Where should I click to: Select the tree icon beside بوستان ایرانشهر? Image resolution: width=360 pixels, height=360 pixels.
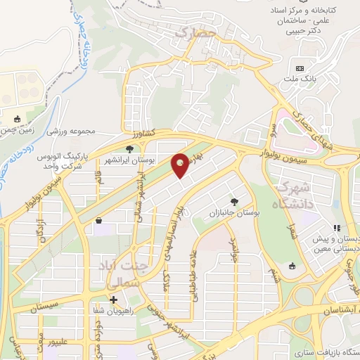[x=130, y=148]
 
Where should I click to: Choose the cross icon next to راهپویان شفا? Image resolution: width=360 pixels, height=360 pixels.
[x=114, y=300]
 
